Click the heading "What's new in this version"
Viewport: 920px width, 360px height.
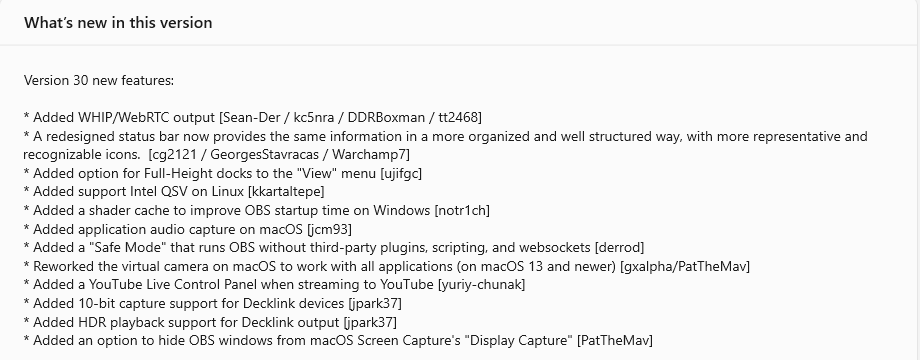(x=118, y=22)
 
